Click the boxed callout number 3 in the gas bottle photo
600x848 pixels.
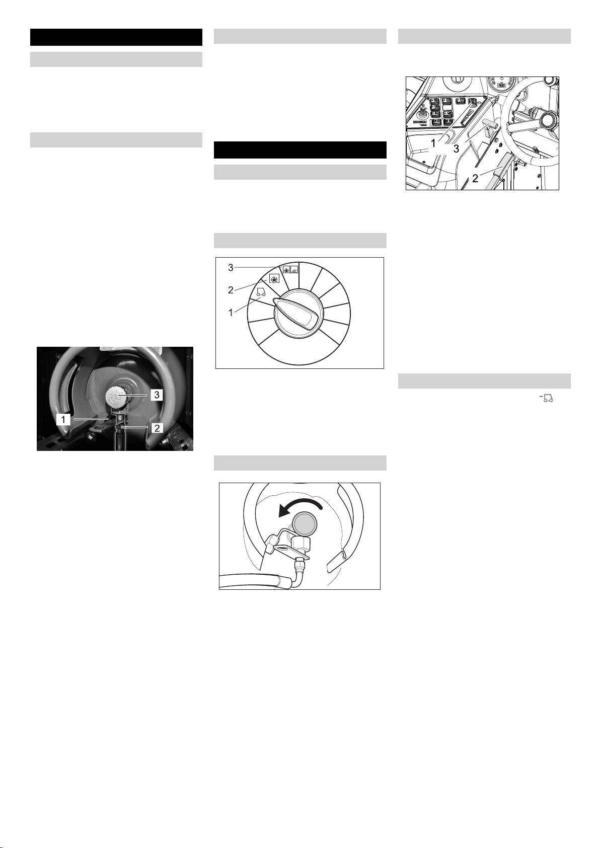(x=157, y=395)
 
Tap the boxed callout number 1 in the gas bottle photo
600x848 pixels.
(x=63, y=419)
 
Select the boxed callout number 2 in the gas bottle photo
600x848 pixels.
(x=157, y=428)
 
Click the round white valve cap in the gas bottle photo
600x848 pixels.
(x=116, y=397)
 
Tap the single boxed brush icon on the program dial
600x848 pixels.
(x=274, y=279)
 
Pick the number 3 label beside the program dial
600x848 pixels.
(x=231, y=268)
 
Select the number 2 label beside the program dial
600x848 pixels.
(x=231, y=290)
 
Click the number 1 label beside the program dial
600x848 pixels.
(x=231, y=313)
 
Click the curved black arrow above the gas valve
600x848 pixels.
(x=299, y=506)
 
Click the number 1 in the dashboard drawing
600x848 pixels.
(x=433, y=143)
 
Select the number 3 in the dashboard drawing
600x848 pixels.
(x=456, y=149)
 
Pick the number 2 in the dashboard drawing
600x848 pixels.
(x=475, y=178)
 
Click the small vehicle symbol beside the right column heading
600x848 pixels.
(x=548, y=398)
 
